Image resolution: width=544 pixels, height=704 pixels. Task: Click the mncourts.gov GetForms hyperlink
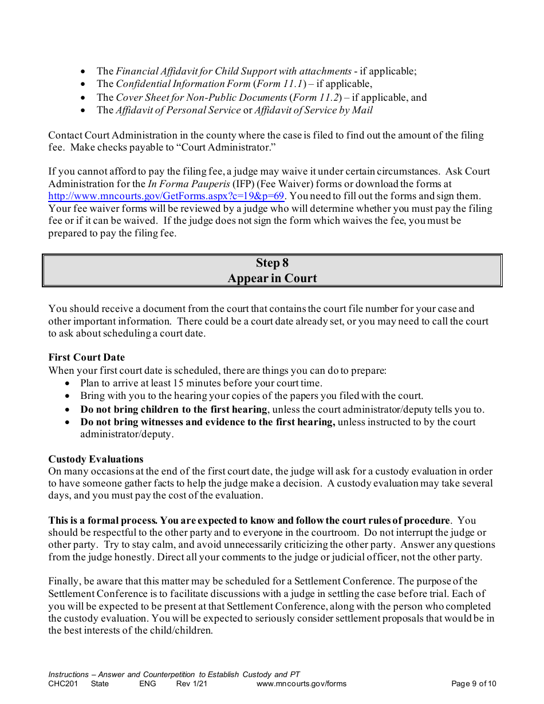click(x=166, y=196)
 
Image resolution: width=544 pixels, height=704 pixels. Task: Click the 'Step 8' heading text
click(x=272, y=263)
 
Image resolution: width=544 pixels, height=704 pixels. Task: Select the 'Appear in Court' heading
click(x=272, y=279)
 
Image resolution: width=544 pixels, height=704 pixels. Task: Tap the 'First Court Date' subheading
click(x=86, y=358)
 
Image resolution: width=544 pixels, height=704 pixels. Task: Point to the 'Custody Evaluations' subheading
click(x=96, y=459)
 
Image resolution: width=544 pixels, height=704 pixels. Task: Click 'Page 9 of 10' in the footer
click(x=474, y=683)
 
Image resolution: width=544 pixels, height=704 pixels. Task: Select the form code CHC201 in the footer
click(x=62, y=683)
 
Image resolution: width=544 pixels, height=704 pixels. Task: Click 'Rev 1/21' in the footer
click(x=191, y=683)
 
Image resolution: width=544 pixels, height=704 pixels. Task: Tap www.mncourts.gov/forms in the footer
click(x=301, y=683)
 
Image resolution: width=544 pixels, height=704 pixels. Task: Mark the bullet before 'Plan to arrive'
click(x=68, y=383)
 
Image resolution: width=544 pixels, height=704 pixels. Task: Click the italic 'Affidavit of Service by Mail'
click(x=314, y=110)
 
